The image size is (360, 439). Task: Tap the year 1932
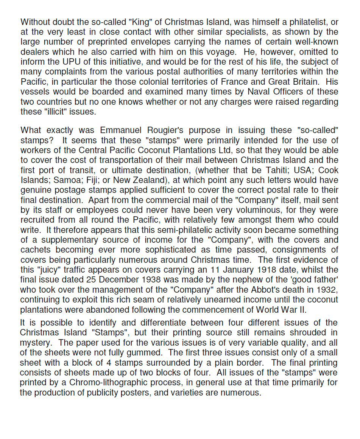327,290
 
